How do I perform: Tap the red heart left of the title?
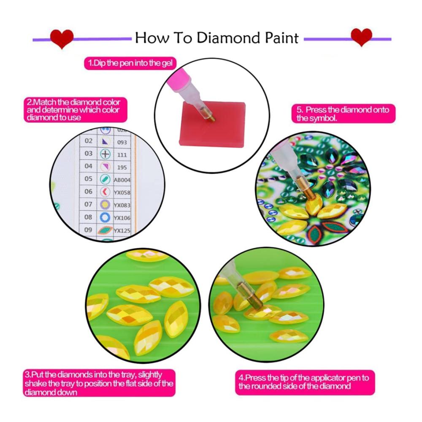[x=62, y=38]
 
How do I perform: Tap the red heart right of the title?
[x=362, y=37]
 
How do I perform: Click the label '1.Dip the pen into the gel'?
[x=130, y=63]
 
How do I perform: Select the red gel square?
[x=213, y=124]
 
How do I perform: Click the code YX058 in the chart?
[x=122, y=192]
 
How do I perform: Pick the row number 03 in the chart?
[x=88, y=154]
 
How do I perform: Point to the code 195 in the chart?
[x=122, y=168]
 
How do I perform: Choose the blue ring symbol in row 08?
[x=105, y=217]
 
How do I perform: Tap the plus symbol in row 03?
[x=105, y=154]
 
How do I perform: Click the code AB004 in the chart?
[x=122, y=180]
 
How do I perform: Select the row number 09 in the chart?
[x=88, y=230]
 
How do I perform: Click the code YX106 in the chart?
[x=122, y=218]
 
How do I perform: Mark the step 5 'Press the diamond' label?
[x=344, y=114]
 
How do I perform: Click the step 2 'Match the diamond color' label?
[x=76, y=110]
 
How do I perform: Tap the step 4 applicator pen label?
[x=305, y=382]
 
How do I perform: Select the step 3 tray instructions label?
[x=99, y=383]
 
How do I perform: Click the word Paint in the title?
[x=282, y=38]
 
